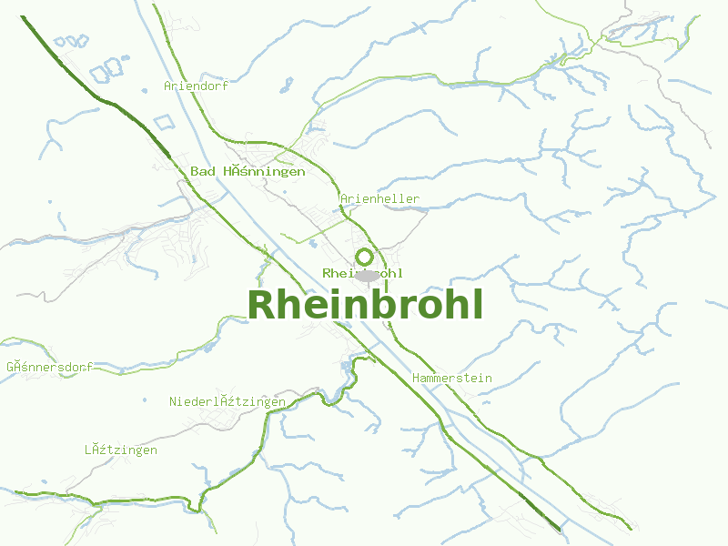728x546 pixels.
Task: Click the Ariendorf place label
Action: (x=196, y=86)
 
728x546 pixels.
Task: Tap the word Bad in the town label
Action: (x=203, y=171)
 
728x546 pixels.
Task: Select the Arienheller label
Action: (x=380, y=198)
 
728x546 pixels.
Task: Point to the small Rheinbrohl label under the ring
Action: (x=362, y=273)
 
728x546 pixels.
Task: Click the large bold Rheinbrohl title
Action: (x=364, y=305)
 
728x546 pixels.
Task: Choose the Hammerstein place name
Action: (x=451, y=378)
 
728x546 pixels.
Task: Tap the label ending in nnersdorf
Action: (x=49, y=367)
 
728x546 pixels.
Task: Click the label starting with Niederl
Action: (x=227, y=401)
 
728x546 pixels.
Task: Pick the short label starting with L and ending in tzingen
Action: (x=121, y=450)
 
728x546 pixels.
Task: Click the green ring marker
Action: (x=364, y=257)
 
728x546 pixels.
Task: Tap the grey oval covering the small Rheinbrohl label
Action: (x=367, y=275)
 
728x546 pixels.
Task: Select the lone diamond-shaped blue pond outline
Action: (x=163, y=122)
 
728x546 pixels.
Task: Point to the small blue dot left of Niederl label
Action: (x=145, y=399)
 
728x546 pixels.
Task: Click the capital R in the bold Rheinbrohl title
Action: (x=261, y=305)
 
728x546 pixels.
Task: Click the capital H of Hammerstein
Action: (x=416, y=378)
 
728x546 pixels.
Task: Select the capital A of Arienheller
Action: (x=345, y=198)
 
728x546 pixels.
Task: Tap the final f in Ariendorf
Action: (x=225, y=86)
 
